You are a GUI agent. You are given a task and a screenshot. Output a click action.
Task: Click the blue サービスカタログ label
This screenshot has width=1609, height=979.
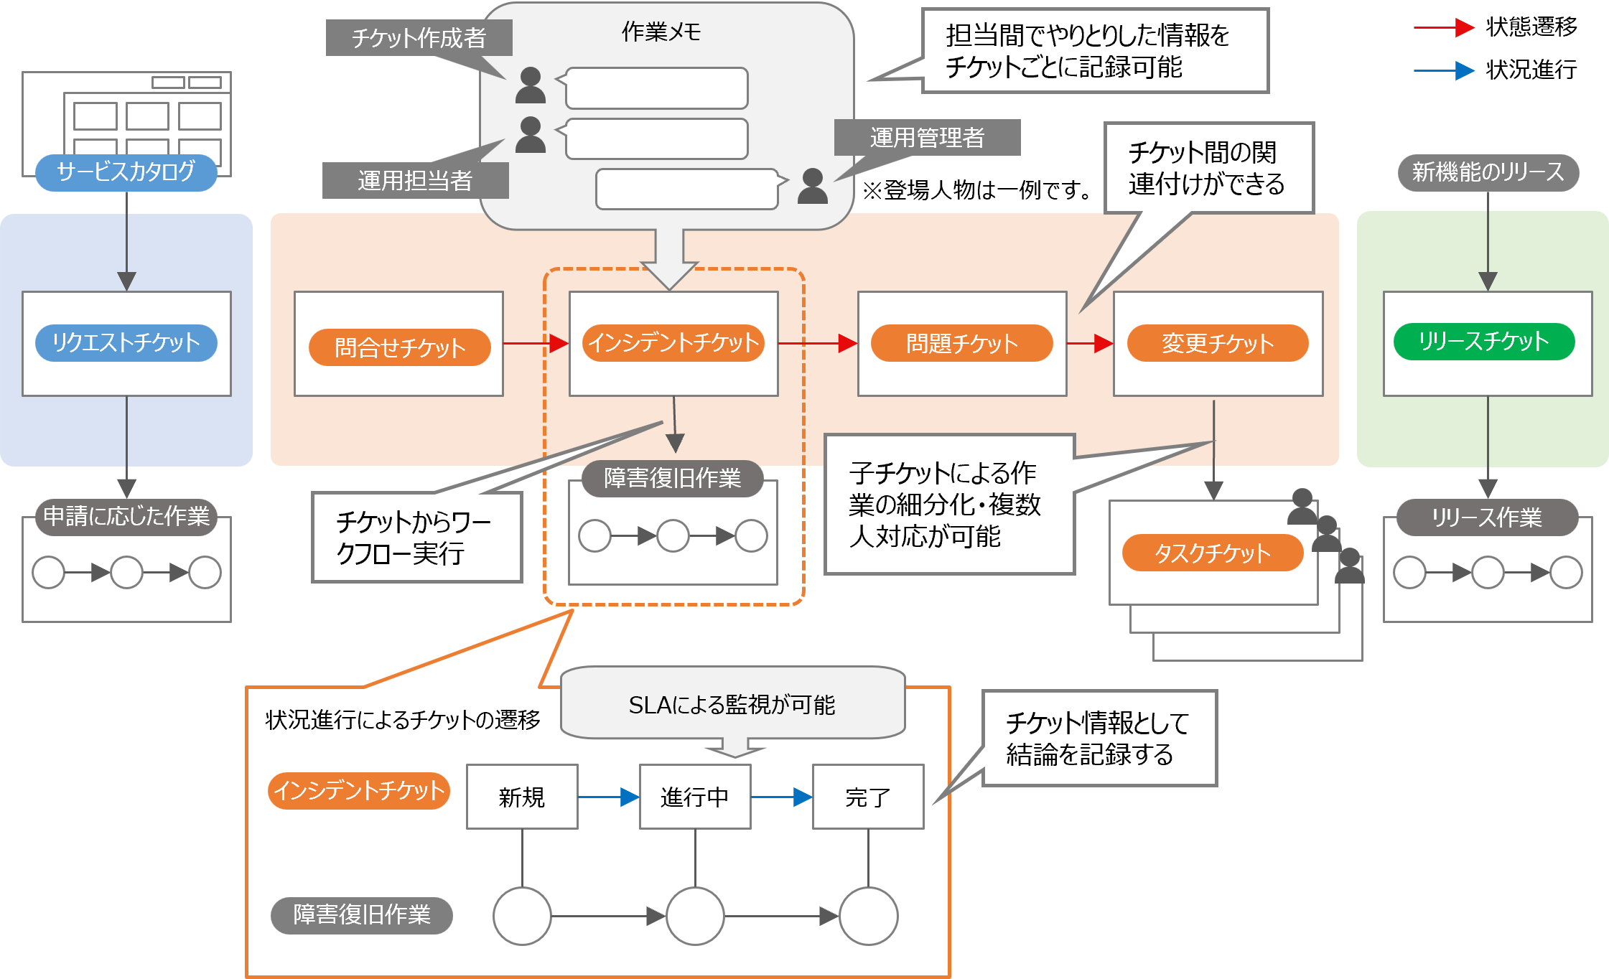click(x=126, y=172)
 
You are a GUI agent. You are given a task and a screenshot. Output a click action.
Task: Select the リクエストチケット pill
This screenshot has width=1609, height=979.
click(x=126, y=342)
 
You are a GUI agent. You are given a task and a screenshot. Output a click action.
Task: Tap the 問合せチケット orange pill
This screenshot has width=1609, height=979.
click(x=399, y=347)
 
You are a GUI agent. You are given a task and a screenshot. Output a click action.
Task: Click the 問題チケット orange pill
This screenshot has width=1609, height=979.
click(x=961, y=343)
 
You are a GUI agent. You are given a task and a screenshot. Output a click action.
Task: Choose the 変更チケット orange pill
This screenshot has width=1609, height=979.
click(x=1218, y=343)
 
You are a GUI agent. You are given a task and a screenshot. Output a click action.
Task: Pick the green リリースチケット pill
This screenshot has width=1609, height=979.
click(x=1483, y=342)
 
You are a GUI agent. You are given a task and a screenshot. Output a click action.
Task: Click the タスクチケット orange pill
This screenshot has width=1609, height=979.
click(x=1212, y=553)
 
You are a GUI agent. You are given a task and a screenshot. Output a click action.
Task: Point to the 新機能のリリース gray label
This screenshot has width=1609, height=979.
click(x=1488, y=172)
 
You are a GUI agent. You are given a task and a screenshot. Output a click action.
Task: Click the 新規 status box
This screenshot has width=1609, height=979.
click(x=522, y=797)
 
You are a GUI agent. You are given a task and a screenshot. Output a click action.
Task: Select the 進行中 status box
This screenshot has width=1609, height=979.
click(x=694, y=797)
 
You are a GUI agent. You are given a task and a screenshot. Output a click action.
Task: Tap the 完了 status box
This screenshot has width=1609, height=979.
click(x=867, y=797)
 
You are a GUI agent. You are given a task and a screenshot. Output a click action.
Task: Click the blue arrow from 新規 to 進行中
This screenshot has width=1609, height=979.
click(x=608, y=797)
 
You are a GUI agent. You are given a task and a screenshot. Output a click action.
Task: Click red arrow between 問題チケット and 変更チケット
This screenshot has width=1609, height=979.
click(x=1090, y=344)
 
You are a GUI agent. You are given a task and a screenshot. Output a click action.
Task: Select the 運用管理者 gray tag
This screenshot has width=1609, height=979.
click(x=927, y=137)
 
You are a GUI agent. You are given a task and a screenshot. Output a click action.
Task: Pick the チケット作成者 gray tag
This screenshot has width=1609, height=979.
click(x=419, y=37)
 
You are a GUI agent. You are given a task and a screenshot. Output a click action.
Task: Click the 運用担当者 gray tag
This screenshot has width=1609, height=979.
click(x=415, y=180)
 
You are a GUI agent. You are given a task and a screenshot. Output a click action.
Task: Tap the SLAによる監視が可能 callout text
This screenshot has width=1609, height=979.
click(x=732, y=705)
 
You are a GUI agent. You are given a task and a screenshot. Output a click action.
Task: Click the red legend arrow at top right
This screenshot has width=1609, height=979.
click(x=1443, y=28)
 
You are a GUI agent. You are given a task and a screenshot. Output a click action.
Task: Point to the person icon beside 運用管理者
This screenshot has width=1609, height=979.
click(x=812, y=187)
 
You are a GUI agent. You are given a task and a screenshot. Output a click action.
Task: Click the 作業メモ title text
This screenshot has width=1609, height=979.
click(x=661, y=32)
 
